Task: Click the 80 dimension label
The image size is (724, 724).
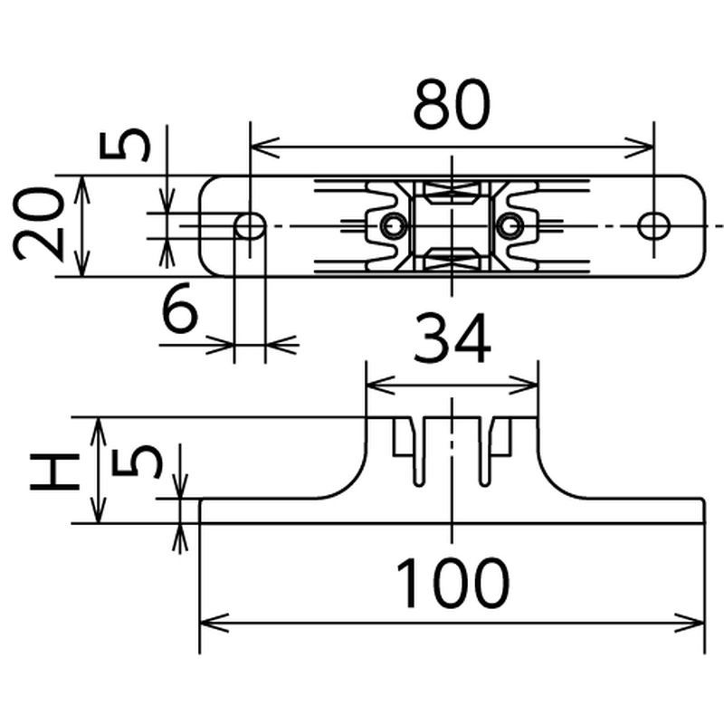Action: coord(451,104)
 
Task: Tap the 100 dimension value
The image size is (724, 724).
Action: coord(453,583)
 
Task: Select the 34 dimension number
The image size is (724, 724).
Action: coord(452,338)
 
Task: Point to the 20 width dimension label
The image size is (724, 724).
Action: coord(38,224)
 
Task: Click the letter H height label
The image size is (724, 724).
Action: coord(54,472)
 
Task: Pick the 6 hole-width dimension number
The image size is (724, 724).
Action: coord(180,308)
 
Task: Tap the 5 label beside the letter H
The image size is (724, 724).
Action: coord(137,462)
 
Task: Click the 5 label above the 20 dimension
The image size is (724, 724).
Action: coord(125,144)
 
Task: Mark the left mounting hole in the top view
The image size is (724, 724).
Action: coord(250,226)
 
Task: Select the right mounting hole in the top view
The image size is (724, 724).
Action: coord(653,226)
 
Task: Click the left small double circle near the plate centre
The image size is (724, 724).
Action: coord(394,226)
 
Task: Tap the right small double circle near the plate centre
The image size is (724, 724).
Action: coord(510,226)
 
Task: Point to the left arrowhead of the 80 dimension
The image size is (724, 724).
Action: coord(264,148)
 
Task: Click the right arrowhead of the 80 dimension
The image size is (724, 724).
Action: coord(640,148)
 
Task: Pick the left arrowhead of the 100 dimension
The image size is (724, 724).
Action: coord(214,623)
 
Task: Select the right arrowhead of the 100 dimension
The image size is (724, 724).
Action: coord(690,623)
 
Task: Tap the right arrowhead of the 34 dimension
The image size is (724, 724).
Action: coord(524,385)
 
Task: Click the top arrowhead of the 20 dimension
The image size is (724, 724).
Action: coord(81,190)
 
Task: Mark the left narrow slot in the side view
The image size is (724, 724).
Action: coord(419,452)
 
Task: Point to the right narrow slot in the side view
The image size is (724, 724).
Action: coord(484,452)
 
